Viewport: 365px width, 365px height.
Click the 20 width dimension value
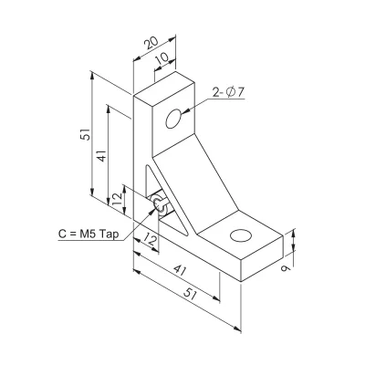click(151, 43)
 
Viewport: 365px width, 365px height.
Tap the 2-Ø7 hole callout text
click(228, 92)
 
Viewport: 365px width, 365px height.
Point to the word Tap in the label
click(109, 234)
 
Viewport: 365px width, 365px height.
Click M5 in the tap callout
click(88, 234)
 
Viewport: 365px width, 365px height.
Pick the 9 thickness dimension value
click(286, 268)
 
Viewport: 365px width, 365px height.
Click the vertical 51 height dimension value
click(86, 133)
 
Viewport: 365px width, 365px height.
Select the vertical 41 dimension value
click(102, 155)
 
